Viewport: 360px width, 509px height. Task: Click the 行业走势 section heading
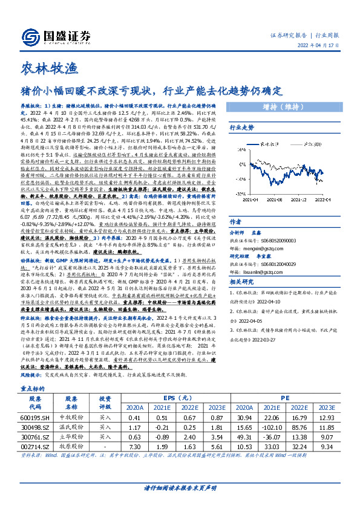coord(241,128)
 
